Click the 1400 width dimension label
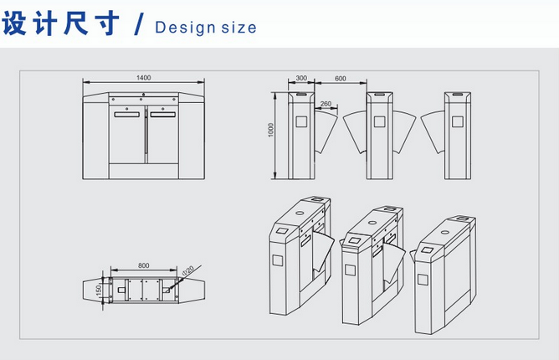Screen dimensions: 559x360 coord(144,77)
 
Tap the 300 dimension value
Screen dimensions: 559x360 coord(301,78)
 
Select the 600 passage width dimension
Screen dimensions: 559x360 coord(340,78)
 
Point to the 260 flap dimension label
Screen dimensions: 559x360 coord(326,104)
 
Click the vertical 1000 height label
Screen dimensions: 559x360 coord(271,130)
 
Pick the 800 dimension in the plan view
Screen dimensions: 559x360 coord(144,265)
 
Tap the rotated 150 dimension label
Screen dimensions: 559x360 coord(99,290)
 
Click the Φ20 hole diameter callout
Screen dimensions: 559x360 coord(188,270)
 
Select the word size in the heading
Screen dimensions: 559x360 coord(238,28)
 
